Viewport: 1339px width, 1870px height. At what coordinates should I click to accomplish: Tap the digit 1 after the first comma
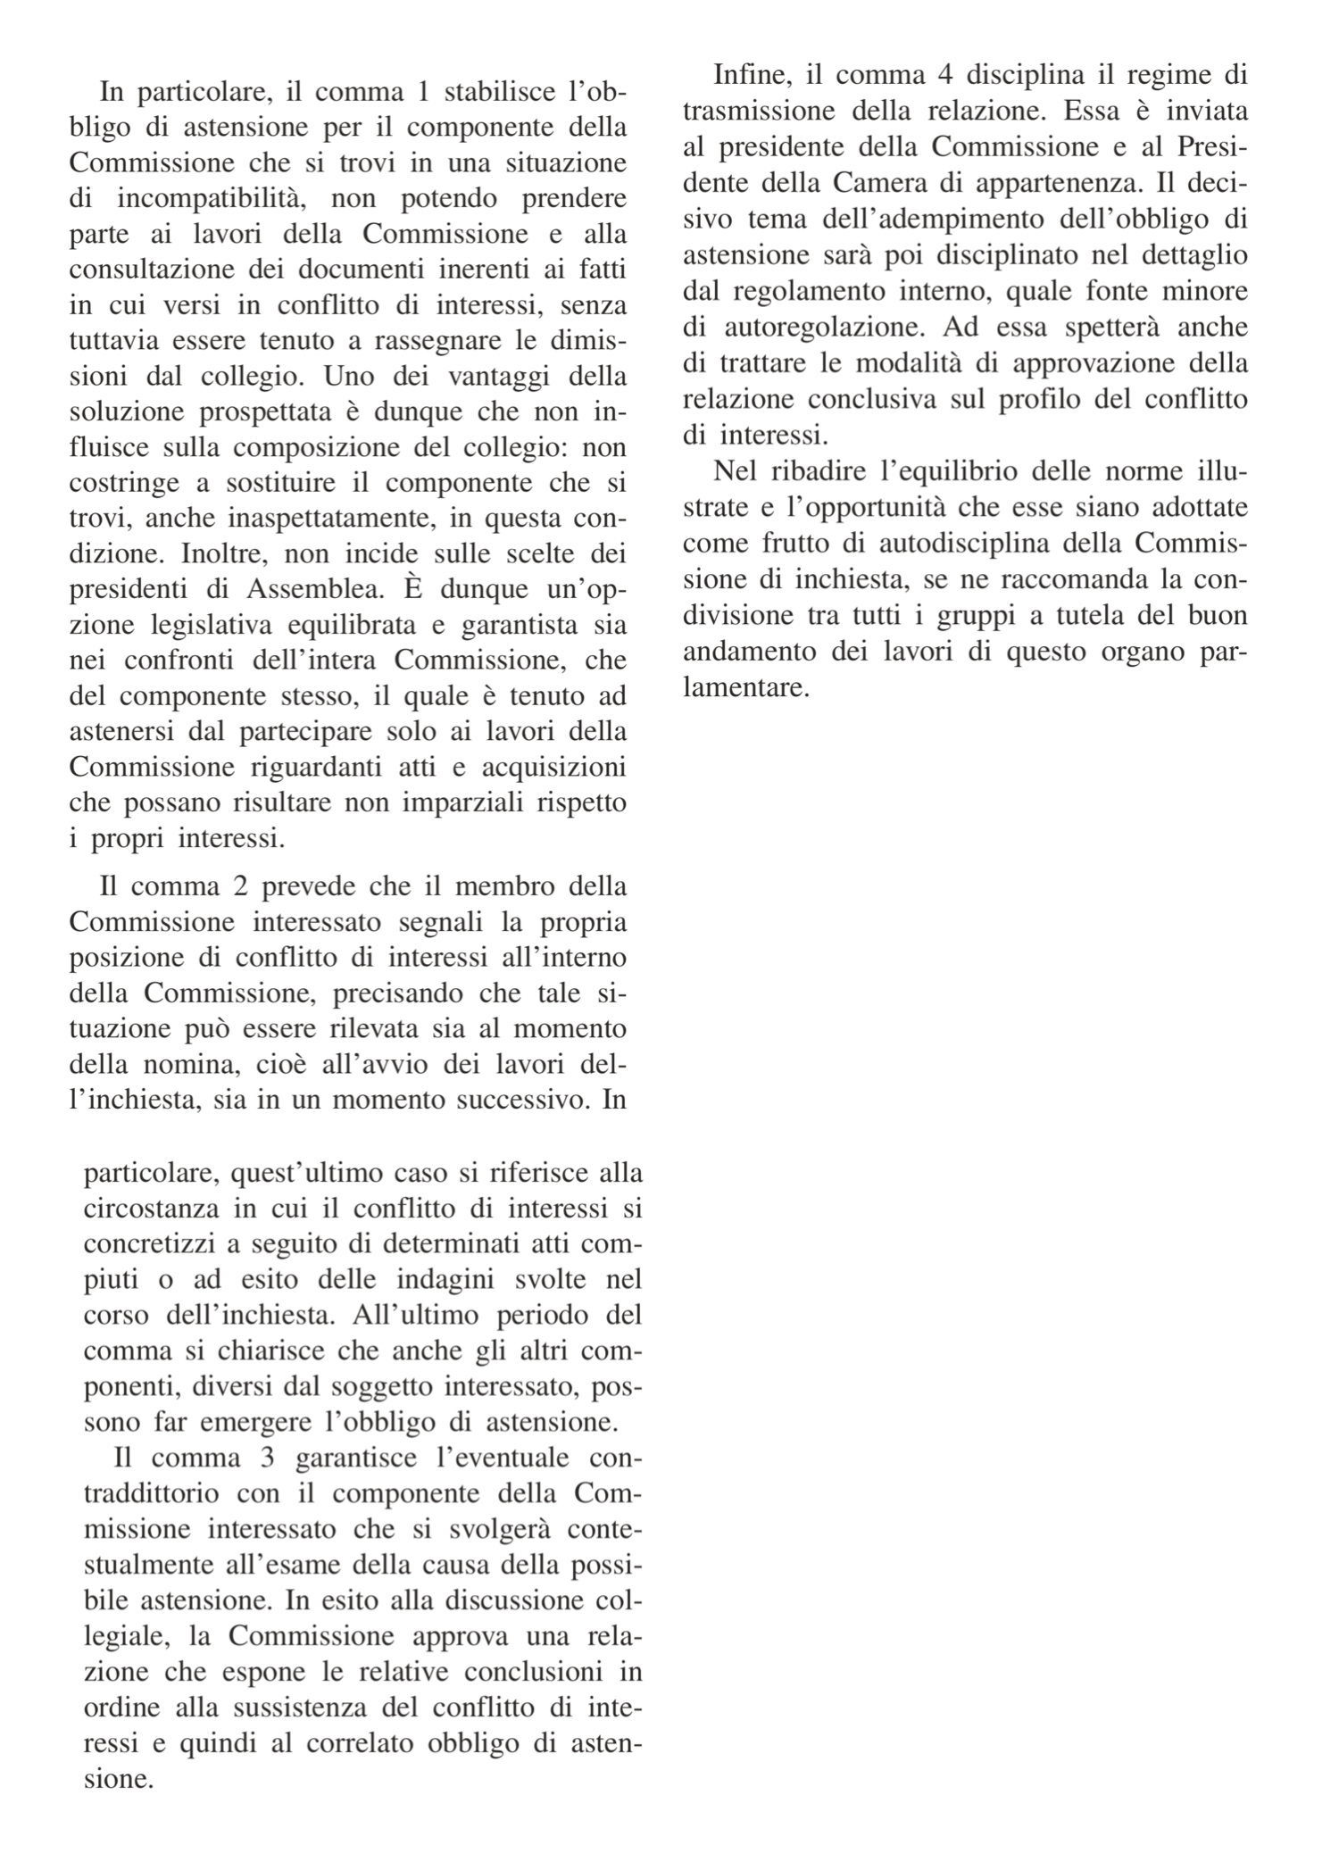[422, 92]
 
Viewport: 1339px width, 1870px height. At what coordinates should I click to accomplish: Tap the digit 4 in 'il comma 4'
[948, 75]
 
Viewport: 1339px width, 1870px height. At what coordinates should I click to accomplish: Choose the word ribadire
[813, 471]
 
